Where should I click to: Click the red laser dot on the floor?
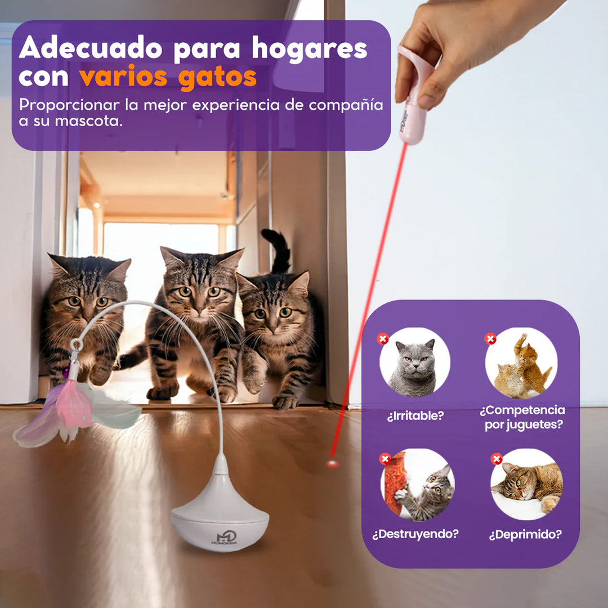[x=332, y=463]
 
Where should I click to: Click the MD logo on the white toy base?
[x=224, y=539]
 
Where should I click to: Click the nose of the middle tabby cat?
[x=199, y=310]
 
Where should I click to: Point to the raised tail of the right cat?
[x=277, y=251]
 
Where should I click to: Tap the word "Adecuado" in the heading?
[x=90, y=48]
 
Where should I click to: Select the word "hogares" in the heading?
[x=309, y=50]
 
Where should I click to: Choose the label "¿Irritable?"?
[x=415, y=415]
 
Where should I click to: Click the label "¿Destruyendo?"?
[x=415, y=534]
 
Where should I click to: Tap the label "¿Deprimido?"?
[x=525, y=534]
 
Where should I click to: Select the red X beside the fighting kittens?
[x=490, y=339]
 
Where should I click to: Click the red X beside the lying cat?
[x=497, y=459]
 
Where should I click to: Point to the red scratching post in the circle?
[x=396, y=483]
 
